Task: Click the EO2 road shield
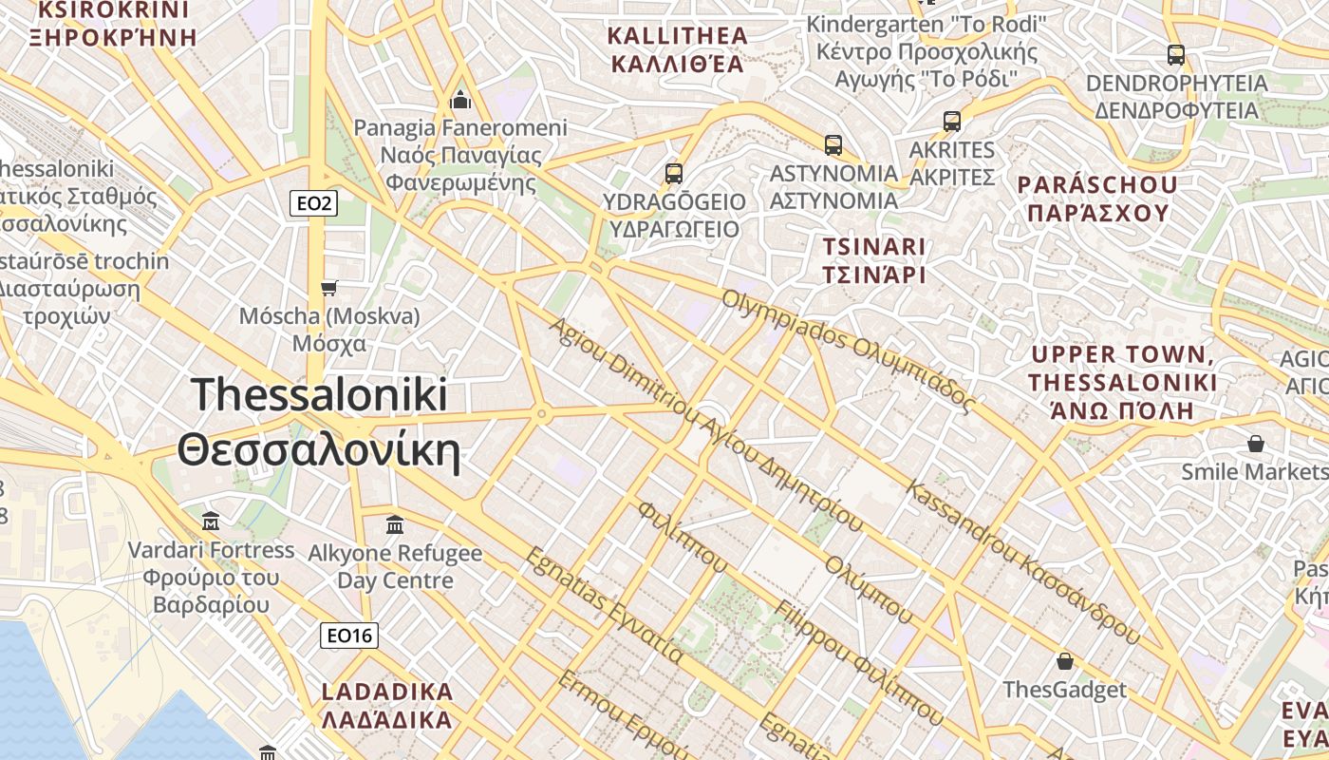(313, 202)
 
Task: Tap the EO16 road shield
(349, 636)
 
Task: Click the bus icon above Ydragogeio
(674, 173)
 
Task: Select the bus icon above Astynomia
(833, 144)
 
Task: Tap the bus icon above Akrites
(952, 121)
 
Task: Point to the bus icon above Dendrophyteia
(1176, 54)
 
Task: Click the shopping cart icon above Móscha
(329, 287)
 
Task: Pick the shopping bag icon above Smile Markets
(1256, 443)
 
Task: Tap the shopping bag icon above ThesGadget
(1065, 660)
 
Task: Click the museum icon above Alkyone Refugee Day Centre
(395, 524)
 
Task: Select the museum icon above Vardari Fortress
(211, 521)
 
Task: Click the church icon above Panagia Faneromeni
(460, 99)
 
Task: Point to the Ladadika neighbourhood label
(387, 705)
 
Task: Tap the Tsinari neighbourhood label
(874, 260)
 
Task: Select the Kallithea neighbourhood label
(677, 50)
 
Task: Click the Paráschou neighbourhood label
(1096, 198)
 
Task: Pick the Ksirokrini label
(113, 24)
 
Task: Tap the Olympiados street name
(849, 350)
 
